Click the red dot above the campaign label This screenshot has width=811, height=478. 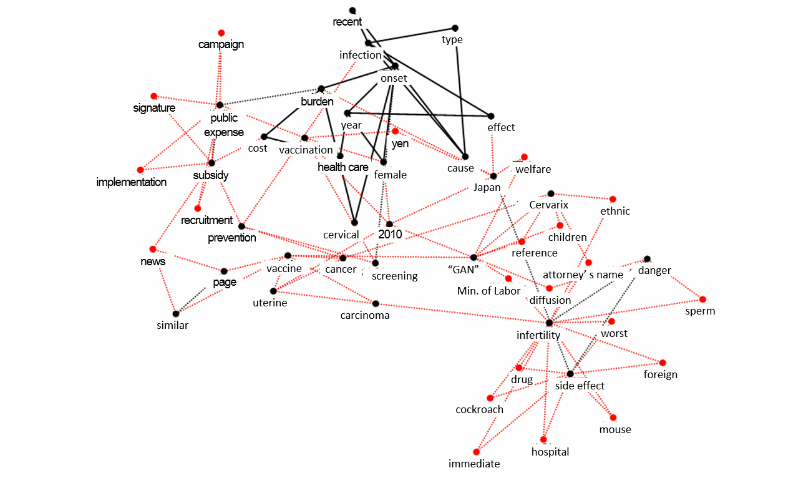[221, 32]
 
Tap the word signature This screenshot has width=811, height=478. [154, 108]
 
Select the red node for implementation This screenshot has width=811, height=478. [140, 170]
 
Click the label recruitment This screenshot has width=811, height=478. [206, 220]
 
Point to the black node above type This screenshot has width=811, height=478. [455, 28]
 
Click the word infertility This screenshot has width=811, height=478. [538, 335]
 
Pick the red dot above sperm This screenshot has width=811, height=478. [702, 299]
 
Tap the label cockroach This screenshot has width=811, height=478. [479, 410]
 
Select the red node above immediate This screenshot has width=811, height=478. [477, 452]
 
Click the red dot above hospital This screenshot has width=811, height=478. [543, 439]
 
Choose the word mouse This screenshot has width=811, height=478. [615, 429]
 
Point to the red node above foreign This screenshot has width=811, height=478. [663, 363]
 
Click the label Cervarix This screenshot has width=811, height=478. [549, 205]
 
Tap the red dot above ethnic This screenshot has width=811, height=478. [613, 198]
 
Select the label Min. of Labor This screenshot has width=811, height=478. [488, 291]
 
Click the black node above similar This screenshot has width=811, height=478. [176, 313]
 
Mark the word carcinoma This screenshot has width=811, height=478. [365, 315]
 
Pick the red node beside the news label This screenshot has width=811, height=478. [153, 249]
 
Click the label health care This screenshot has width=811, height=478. [342, 167]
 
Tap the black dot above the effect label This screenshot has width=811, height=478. [491, 116]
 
